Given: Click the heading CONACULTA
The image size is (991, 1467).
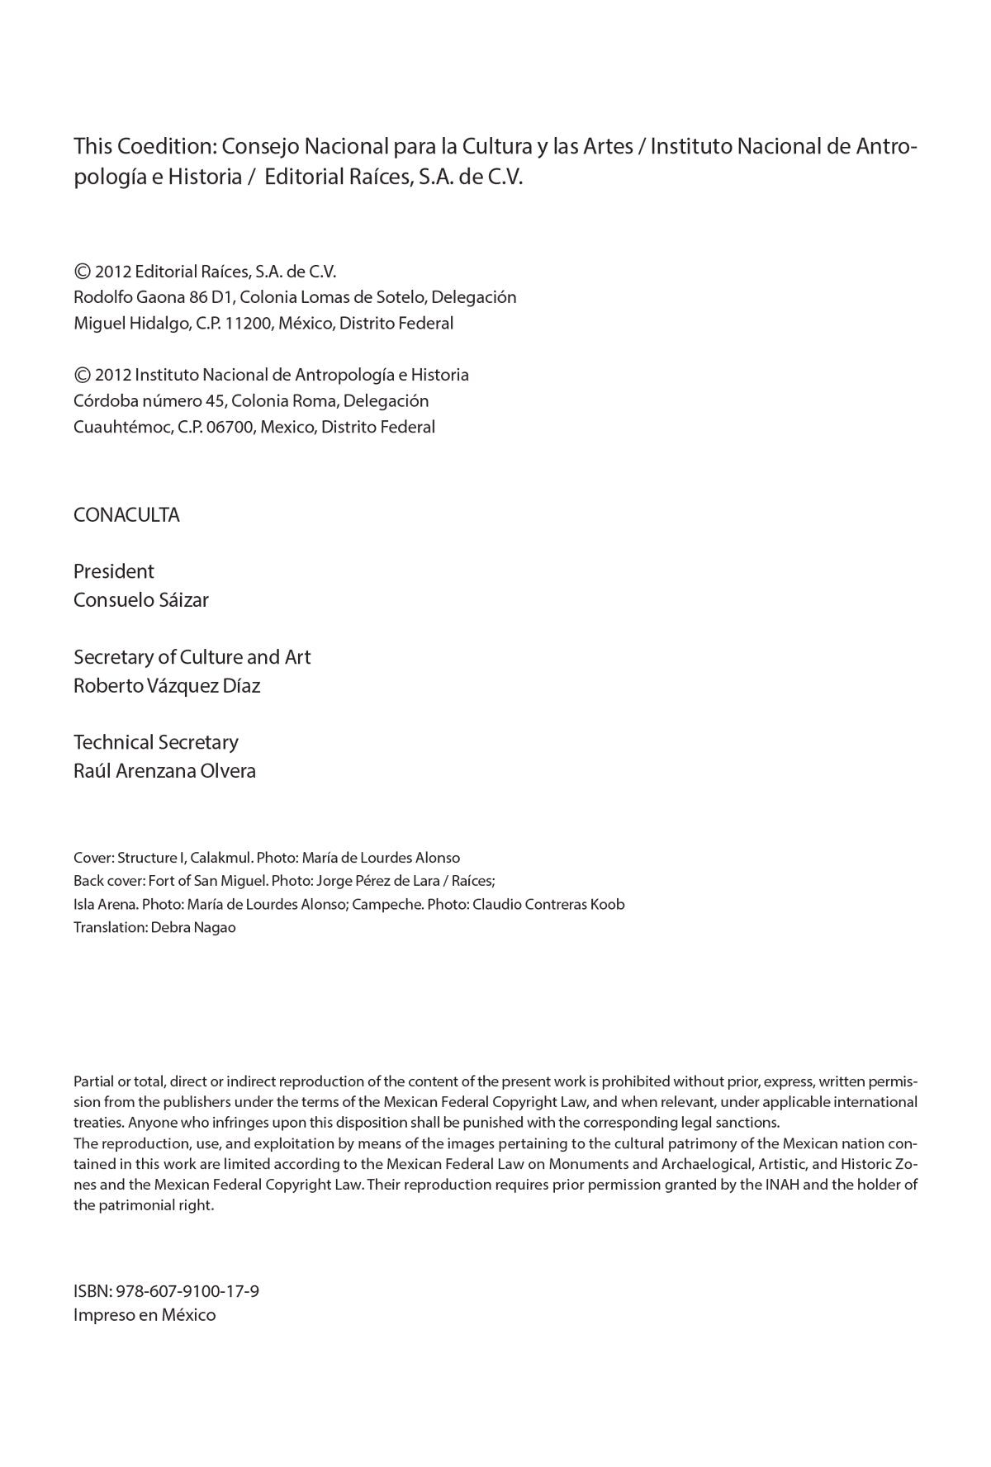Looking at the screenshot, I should pos(126,515).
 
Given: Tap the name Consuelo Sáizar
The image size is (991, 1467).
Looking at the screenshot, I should pos(140,600).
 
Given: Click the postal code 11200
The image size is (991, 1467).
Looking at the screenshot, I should pos(248,324).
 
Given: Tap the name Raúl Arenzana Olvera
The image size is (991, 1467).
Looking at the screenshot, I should pos(164,771).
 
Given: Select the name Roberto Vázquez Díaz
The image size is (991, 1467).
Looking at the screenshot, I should pos(167,686).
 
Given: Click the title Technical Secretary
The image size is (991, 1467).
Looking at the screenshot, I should pos(155,742).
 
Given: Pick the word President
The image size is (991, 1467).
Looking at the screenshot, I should pos(113,571).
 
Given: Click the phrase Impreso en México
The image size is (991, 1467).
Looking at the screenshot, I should pos(145,1315).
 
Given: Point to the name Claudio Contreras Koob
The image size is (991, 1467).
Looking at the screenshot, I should pos(548,904).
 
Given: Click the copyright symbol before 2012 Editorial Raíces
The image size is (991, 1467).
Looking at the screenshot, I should pos(82,272).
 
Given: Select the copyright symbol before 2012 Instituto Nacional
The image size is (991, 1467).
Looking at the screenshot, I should pos(82,375).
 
